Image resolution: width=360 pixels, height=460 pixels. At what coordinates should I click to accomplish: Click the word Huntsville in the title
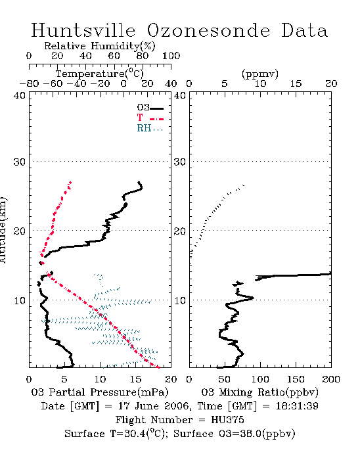83,30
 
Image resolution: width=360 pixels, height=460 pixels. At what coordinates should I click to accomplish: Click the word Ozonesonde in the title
208,30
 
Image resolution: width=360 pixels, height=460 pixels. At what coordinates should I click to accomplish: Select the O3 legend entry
150,108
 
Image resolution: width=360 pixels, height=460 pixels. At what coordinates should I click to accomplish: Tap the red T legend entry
150,118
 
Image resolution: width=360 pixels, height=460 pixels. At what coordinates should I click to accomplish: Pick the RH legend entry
150,128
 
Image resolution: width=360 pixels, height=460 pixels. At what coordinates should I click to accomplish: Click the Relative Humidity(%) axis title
100,46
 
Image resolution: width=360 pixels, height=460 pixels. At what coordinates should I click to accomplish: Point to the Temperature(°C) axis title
100,74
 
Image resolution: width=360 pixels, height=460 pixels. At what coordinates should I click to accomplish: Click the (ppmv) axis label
260,74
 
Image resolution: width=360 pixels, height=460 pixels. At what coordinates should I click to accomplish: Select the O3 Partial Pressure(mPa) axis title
100,392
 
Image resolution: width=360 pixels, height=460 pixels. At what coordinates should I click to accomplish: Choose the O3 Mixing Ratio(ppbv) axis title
259,392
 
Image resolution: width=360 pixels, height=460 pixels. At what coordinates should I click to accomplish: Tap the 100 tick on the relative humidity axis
171,56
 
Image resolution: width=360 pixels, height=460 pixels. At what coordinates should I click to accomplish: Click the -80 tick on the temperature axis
29,83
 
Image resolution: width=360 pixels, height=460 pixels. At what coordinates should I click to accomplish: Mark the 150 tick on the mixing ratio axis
296,379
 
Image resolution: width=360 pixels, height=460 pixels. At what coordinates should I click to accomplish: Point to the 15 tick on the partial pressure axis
135,379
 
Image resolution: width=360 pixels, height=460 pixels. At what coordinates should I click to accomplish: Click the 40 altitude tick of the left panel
20,95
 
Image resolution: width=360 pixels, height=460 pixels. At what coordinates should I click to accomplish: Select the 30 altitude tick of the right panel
180,162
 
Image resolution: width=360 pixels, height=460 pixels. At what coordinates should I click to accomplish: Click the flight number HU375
227,420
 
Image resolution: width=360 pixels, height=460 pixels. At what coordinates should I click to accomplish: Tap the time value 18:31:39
297,406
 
